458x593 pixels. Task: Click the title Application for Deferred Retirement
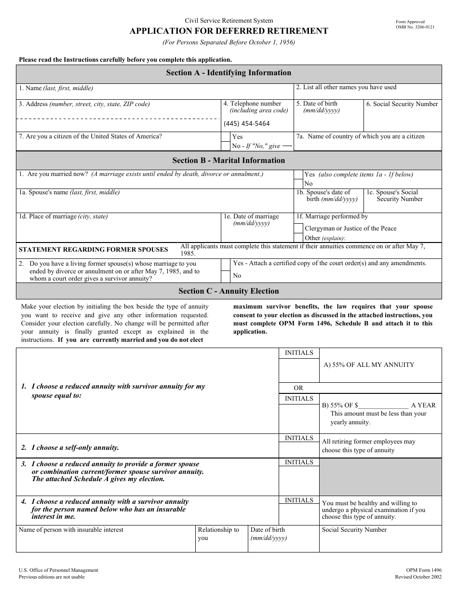click(x=229, y=31)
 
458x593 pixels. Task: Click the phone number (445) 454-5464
click(x=246, y=123)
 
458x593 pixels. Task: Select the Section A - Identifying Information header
click(x=229, y=73)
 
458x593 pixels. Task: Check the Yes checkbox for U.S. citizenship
click(x=225, y=137)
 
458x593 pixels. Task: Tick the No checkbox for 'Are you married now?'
click(x=298, y=184)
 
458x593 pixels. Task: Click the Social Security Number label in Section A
click(x=402, y=104)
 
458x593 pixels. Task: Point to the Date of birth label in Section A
click(x=317, y=104)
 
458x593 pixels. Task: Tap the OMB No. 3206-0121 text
click(x=415, y=27)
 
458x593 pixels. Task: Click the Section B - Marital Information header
click(x=229, y=161)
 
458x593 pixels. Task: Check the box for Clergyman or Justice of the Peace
click(x=298, y=228)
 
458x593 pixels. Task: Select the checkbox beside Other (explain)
click(x=298, y=238)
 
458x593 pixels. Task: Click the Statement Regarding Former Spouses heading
click(x=93, y=250)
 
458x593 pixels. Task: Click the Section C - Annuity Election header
click(x=229, y=291)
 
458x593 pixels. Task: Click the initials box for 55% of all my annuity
click(x=299, y=370)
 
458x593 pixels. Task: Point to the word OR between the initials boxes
click(x=299, y=388)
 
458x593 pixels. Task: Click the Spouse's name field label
click(x=69, y=192)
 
